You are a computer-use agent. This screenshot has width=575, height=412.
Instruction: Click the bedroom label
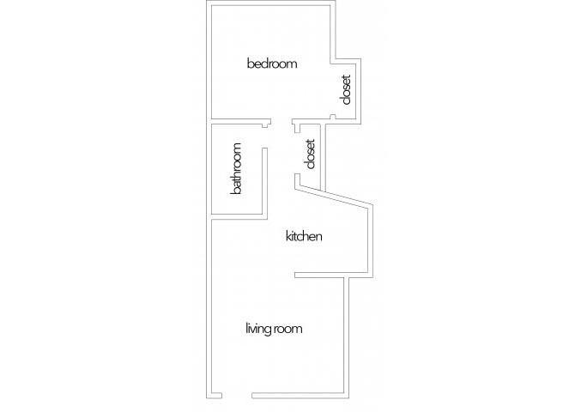(272, 64)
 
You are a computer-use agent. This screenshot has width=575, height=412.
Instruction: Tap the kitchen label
(304, 236)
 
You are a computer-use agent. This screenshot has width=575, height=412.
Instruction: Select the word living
(259, 329)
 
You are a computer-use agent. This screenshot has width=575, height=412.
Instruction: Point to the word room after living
(289, 329)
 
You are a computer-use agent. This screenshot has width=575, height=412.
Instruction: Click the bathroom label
(236, 168)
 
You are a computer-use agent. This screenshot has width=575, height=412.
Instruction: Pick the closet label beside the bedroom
(346, 90)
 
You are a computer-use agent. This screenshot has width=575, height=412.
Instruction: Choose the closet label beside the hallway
(310, 154)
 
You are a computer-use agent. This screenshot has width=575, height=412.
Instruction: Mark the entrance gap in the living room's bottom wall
(237, 396)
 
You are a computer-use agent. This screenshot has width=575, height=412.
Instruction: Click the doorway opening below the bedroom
(281, 121)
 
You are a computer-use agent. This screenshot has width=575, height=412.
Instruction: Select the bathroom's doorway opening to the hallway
(265, 136)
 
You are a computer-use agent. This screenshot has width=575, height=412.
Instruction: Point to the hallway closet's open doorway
(297, 153)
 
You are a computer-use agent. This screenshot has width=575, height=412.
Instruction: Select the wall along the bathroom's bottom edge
(239, 217)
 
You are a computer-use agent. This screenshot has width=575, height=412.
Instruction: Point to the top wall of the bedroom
(271, 3)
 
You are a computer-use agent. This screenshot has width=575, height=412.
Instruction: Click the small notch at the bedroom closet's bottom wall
(333, 117)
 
